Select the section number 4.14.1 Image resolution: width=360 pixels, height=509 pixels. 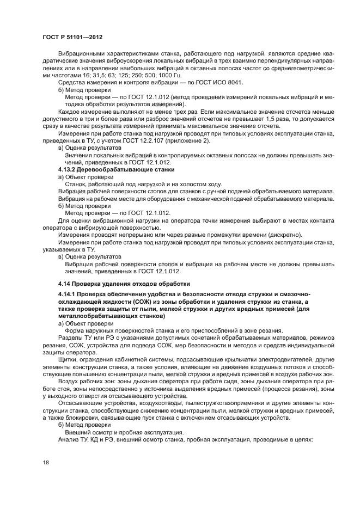68,295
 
